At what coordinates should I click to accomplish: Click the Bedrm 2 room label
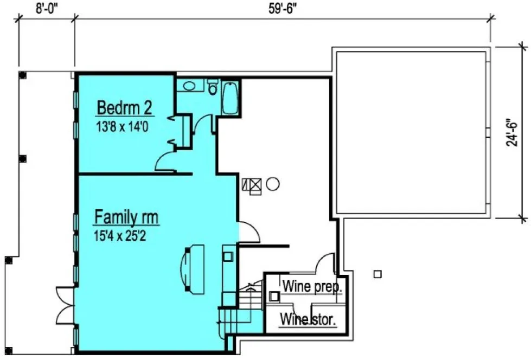click(124, 107)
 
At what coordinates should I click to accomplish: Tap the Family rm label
click(126, 217)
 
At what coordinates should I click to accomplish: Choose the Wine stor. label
click(308, 319)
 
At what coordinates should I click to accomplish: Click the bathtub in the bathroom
click(230, 98)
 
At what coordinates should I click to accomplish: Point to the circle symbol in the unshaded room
click(273, 184)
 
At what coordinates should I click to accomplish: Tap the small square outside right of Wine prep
click(378, 274)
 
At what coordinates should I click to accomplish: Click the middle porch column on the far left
click(22, 159)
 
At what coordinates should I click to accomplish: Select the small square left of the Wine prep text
click(275, 296)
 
